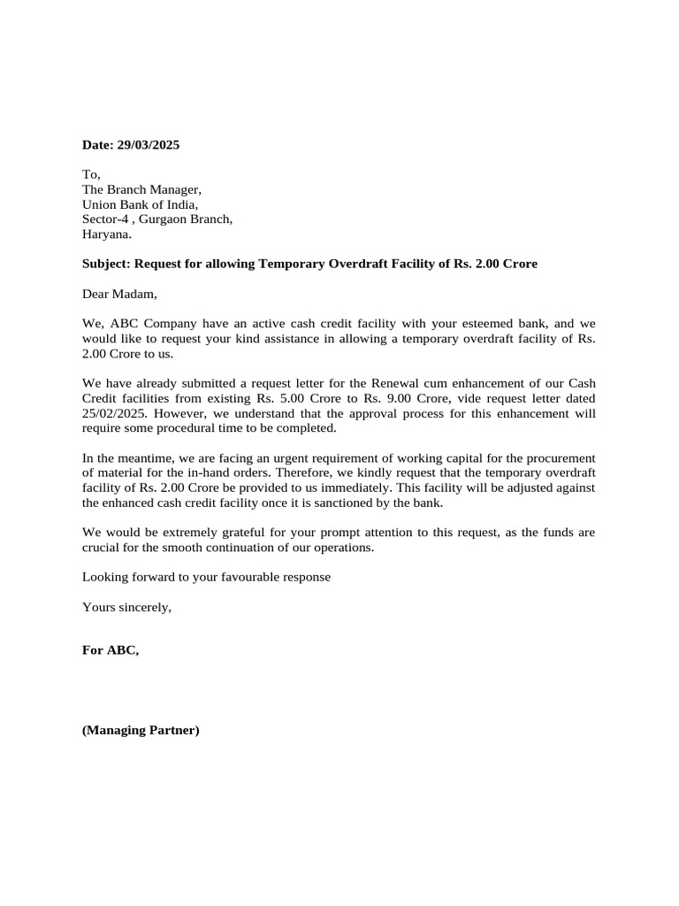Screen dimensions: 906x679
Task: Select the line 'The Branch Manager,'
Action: tap(141, 189)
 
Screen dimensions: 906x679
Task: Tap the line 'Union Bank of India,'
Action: tap(140, 204)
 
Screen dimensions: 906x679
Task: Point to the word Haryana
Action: tap(106, 234)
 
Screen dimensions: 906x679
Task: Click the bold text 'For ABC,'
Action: tap(111, 650)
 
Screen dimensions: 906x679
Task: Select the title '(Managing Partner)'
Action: tap(141, 731)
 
